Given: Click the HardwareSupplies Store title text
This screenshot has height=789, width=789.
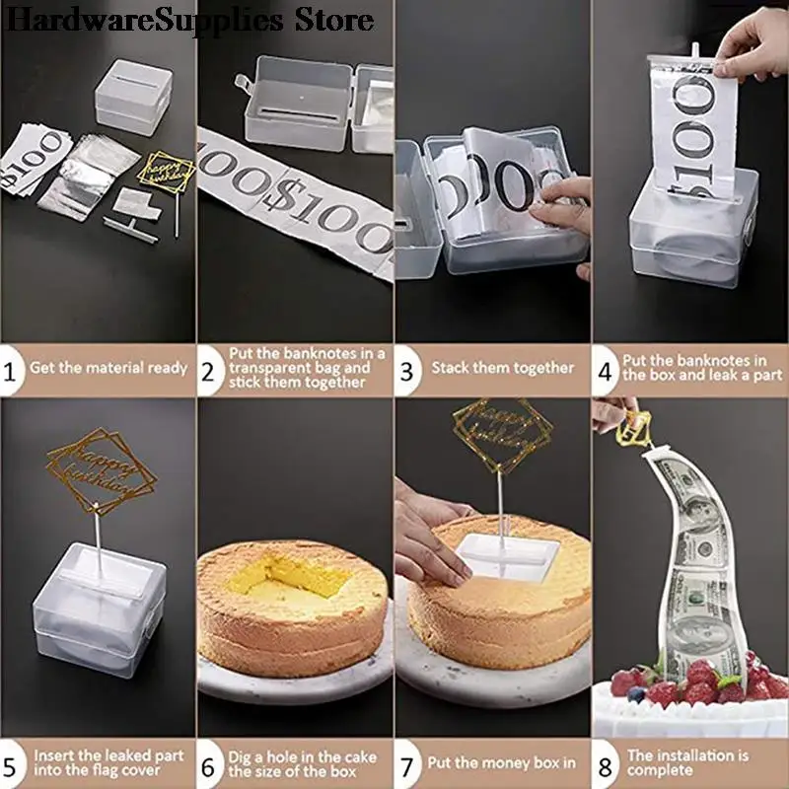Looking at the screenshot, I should [187, 19].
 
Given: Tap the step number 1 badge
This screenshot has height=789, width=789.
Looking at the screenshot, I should [12, 368].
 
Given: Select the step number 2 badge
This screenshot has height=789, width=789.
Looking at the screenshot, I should [210, 368].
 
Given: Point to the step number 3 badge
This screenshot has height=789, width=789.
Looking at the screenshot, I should [407, 368].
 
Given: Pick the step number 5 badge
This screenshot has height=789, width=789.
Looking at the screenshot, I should [12, 763].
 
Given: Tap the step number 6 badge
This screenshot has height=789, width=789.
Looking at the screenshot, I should [210, 763].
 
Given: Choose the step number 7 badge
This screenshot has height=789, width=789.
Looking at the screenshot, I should [407, 763].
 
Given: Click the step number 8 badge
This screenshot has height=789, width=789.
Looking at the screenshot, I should [604, 763].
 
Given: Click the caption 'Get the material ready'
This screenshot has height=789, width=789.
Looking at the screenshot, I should [108, 368].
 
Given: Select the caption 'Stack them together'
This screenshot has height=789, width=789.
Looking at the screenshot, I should [502, 368].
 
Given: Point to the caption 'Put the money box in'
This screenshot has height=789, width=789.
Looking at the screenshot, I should [501, 763].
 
